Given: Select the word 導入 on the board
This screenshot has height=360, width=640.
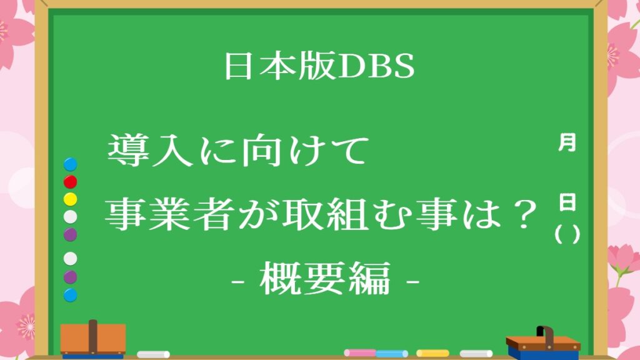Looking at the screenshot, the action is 150,151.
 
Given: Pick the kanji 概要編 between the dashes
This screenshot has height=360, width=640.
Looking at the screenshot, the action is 325,279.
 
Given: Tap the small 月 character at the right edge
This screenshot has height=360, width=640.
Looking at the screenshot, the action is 567,142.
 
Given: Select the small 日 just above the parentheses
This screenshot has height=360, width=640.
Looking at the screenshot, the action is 567,202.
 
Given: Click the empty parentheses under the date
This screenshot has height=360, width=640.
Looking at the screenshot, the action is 567,234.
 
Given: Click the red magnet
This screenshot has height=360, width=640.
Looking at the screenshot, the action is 70,182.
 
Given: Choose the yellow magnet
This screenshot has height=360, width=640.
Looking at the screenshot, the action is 70,199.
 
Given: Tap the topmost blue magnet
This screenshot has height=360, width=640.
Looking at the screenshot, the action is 70,164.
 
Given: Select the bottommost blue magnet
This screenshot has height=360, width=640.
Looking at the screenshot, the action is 70,295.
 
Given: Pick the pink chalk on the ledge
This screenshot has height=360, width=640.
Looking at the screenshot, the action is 360,352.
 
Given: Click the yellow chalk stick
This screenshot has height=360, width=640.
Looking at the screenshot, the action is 432,353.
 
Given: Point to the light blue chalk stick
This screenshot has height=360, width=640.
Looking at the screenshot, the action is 392,354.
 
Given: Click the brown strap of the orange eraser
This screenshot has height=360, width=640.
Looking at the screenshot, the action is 93,337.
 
